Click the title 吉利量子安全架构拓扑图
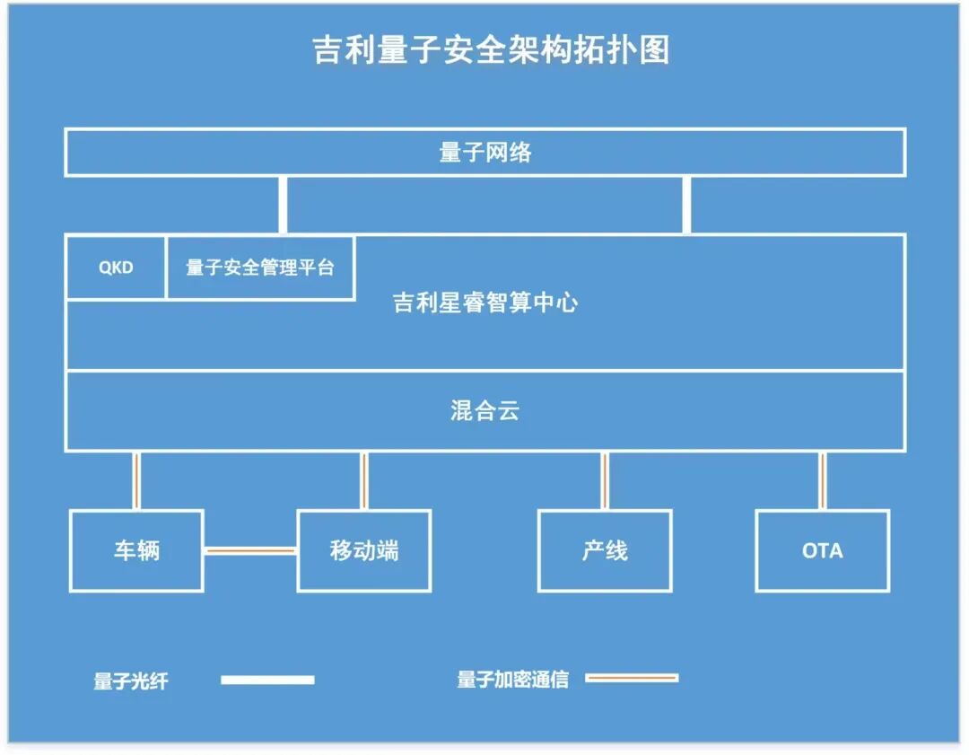click(490, 50)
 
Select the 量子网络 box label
click(484, 153)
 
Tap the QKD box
click(116, 268)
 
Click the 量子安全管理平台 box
click(260, 268)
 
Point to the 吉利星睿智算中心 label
click(484, 303)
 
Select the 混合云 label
click(484, 411)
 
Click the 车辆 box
click(136, 550)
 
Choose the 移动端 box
click(363, 550)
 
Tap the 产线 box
click(605, 550)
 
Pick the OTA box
click(822, 550)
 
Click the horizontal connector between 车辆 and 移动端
click(250, 550)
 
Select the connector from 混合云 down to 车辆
click(136, 480)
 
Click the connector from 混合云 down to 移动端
click(363, 480)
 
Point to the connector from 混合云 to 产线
click(604, 480)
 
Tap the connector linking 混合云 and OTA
click(822, 480)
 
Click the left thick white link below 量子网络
click(283, 205)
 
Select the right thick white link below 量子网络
click(686, 205)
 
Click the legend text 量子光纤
click(131, 681)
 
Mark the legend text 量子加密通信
click(512, 680)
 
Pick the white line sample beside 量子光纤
click(267, 680)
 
